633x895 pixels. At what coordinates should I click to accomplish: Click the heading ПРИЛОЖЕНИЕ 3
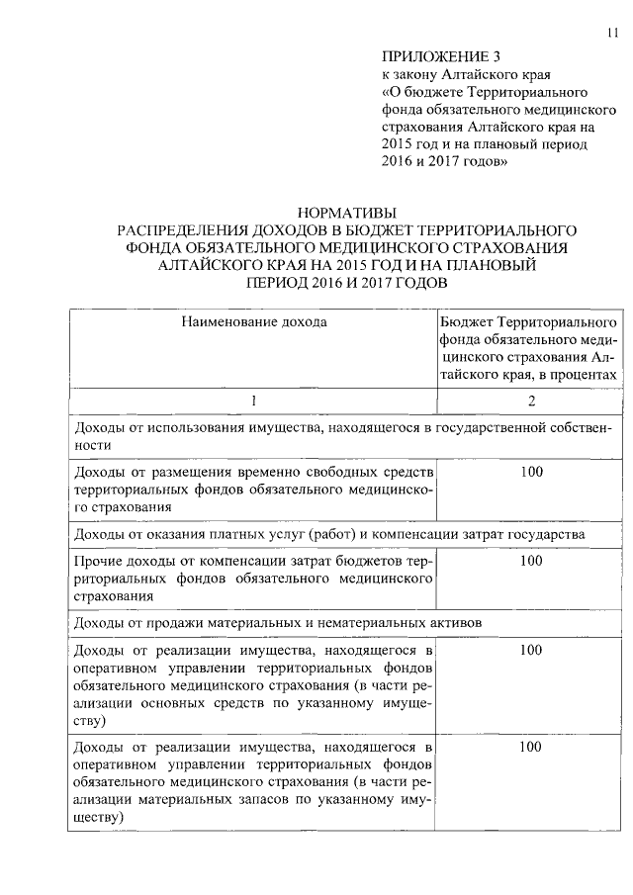(x=429, y=56)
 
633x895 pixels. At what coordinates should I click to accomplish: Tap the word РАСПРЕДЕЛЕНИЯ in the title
(x=183, y=229)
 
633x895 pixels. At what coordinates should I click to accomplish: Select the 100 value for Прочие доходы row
(x=531, y=561)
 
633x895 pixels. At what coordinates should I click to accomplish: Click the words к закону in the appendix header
(x=406, y=74)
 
